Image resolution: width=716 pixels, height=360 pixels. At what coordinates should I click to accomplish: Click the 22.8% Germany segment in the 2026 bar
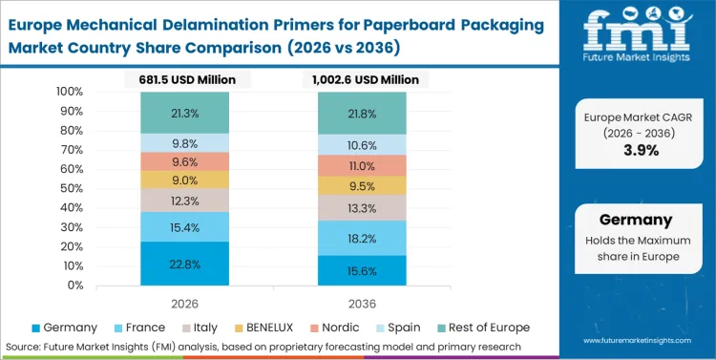184,263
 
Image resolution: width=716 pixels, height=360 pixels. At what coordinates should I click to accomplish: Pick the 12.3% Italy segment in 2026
184,200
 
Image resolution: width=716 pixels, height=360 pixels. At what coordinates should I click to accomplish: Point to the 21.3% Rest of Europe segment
184,113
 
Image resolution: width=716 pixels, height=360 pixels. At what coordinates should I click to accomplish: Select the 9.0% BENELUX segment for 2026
184,180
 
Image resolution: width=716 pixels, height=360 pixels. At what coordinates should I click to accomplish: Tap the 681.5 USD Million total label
184,79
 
